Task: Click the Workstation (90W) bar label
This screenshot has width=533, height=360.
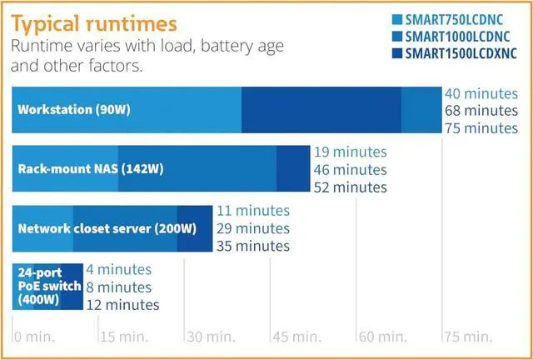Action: [x=74, y=109]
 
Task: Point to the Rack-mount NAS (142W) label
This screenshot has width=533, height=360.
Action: [x=91, y=168]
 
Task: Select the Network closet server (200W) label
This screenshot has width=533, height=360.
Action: [x=107, y=227]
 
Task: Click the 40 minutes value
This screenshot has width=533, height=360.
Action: [x=481, y=92]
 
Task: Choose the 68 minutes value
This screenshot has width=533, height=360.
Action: [x=481, y=110]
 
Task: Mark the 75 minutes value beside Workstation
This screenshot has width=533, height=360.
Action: [x=481, y=127]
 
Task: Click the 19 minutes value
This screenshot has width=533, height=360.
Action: [x=350, y=152]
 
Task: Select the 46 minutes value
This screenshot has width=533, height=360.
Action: [x=350, y=170]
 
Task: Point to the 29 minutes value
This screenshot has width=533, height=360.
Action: [x=252, y=228]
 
